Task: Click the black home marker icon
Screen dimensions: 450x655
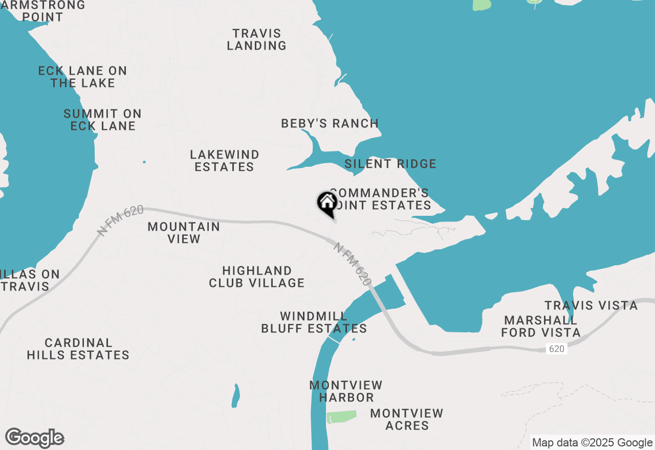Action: pyautogui.click(x=327, y=202)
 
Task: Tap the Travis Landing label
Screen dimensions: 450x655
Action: pyautogui.click(x=256, y=39)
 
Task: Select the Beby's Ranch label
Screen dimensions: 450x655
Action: pyautogui.click(x=330, y=123)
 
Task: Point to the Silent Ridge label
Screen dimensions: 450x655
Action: pyautogui.click(x=390, y=164)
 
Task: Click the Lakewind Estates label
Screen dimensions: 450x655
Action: pyautogui.click(x=224, y=161)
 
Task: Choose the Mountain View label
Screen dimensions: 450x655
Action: pyautogui.click(x=184, y=233)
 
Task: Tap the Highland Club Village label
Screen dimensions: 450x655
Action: pyautogui.click(x=257, y=277)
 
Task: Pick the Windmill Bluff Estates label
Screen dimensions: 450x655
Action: pyautogui.click(x=314, y=322)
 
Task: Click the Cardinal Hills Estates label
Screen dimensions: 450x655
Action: pyautogui.click(x=78, y=349)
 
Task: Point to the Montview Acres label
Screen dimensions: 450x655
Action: pyautogui.click(x=407, y=419)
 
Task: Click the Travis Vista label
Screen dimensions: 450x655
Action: pyautogui.click(x=591, y=306)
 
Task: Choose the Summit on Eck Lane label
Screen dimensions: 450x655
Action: pyautogui.click(x=103, y=120)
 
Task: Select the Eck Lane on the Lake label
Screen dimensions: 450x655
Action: pyautogui.click(x=83, y=77)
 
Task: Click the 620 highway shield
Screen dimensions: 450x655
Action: pyautogui.click(x=556, y=349)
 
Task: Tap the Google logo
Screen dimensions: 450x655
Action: pyautogui.click(x=35, y=438)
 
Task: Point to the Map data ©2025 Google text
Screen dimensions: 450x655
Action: pyautogui.click(x=592, y=443)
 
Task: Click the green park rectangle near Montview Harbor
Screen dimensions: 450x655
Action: pyautogui.click(x=342, y=417)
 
